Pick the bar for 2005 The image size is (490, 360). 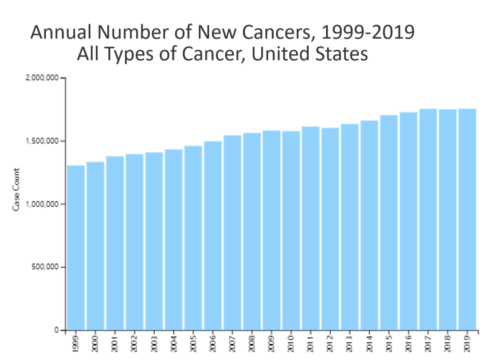click(x=193, y=238)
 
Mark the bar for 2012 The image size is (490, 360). click(x=330, y=229)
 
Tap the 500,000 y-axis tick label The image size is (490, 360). click(x=45, y=267)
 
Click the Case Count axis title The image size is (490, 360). click(x=16, y=189)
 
